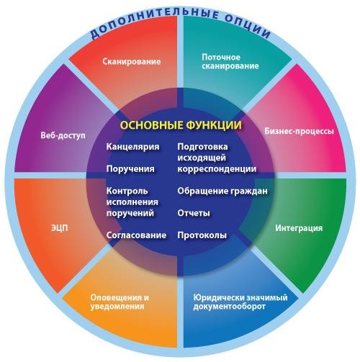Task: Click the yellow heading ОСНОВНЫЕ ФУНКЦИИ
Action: pyautogui.click(x=181, y=125)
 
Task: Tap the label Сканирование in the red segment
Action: pyautogui.click(x=132, y=62)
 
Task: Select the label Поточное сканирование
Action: pyautogui.click(x=230, y=61)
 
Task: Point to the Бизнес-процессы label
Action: pyautogui.click(x=299, y=131)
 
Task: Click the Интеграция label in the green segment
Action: pyautogui.click(x=299, y=228)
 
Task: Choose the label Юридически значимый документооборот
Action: pyautogui.click(x=240, y=302)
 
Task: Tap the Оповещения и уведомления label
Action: pyautogui.click(x=120, y=302)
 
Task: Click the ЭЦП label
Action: pyautogui.click(x=60, y=228)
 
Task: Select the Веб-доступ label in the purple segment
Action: pyautogui.click(x=63, y=135)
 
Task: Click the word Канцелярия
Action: pyautogui.click(x=132, y=147)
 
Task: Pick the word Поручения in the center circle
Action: pyautogui.click(x=130, y=169)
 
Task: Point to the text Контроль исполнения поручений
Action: pyautogui.click(x=132, y=202)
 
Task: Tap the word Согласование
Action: pyautogui.click(x=136, y=235)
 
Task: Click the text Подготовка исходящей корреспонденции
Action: pyautogui.click(x=217, y=158)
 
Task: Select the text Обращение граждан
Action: pyautogui.click(x=222, y=191)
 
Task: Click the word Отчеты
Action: pyautogui.click(x=194, y=213)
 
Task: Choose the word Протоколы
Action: pyautogui.click(x=202, y=235)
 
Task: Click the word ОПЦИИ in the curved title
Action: pyautogui.click(x=248, y=27)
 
